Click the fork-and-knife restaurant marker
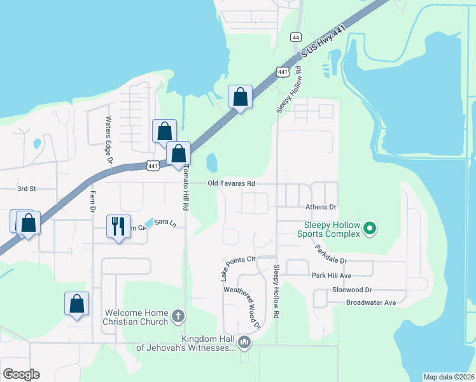pyautogui.click(x=118, y=227)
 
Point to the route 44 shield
pyautogui.click(x=295, y=38)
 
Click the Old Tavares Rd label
pyautogui.click(x=232, y=183)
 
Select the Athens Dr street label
pyautogui.click(x=321, y=207)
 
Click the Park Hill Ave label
pyautogui.click(x=332, y=275)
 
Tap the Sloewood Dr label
pyautogui.click(x=351, y=289)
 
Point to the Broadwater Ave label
pyautogui.click(x=371, y=302)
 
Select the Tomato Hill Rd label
pyautogui.click(x=185, y=187)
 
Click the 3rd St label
pyautogui.click(x=27, y=188)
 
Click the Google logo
pyautogui.click(x=21, y=374)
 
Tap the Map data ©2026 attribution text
pyautogui.click(x=449, y=377)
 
